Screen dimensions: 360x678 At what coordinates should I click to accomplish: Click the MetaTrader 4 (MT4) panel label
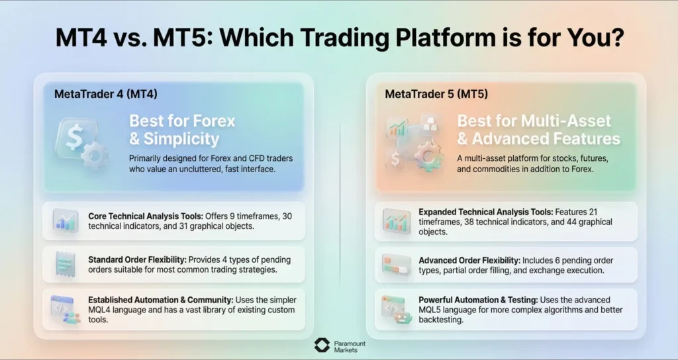(x=106, y=94)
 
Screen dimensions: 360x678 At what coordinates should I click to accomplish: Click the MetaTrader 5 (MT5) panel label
(x=436, y=94)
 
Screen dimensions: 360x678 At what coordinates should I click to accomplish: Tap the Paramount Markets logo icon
(x=321, y=345)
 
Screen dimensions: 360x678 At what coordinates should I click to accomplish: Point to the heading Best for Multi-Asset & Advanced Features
(x=538, y=130)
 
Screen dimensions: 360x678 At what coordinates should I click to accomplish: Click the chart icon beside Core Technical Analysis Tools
(x=65, y=221)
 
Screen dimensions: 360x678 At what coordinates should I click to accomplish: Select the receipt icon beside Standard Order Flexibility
(x=65, y=264)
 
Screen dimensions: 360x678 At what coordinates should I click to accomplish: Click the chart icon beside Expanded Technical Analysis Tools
(x=396, y=221)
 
